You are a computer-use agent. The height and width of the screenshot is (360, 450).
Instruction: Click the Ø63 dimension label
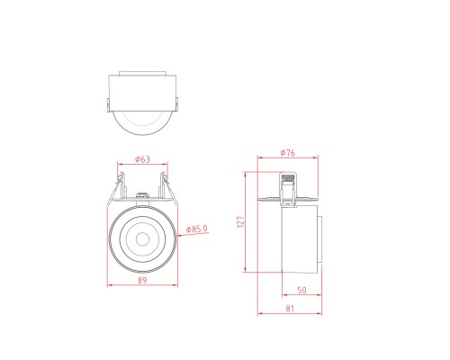[x=141, y=159]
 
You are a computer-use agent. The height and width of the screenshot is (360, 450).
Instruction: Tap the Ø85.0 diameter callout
[x=196, y=229]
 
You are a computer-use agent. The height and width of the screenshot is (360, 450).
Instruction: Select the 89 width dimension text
[x=141, y=280]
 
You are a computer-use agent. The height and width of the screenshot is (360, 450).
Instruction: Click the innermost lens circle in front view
[x=141, y=239]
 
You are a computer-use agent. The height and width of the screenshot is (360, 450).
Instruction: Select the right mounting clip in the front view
[x=167, y=192]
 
